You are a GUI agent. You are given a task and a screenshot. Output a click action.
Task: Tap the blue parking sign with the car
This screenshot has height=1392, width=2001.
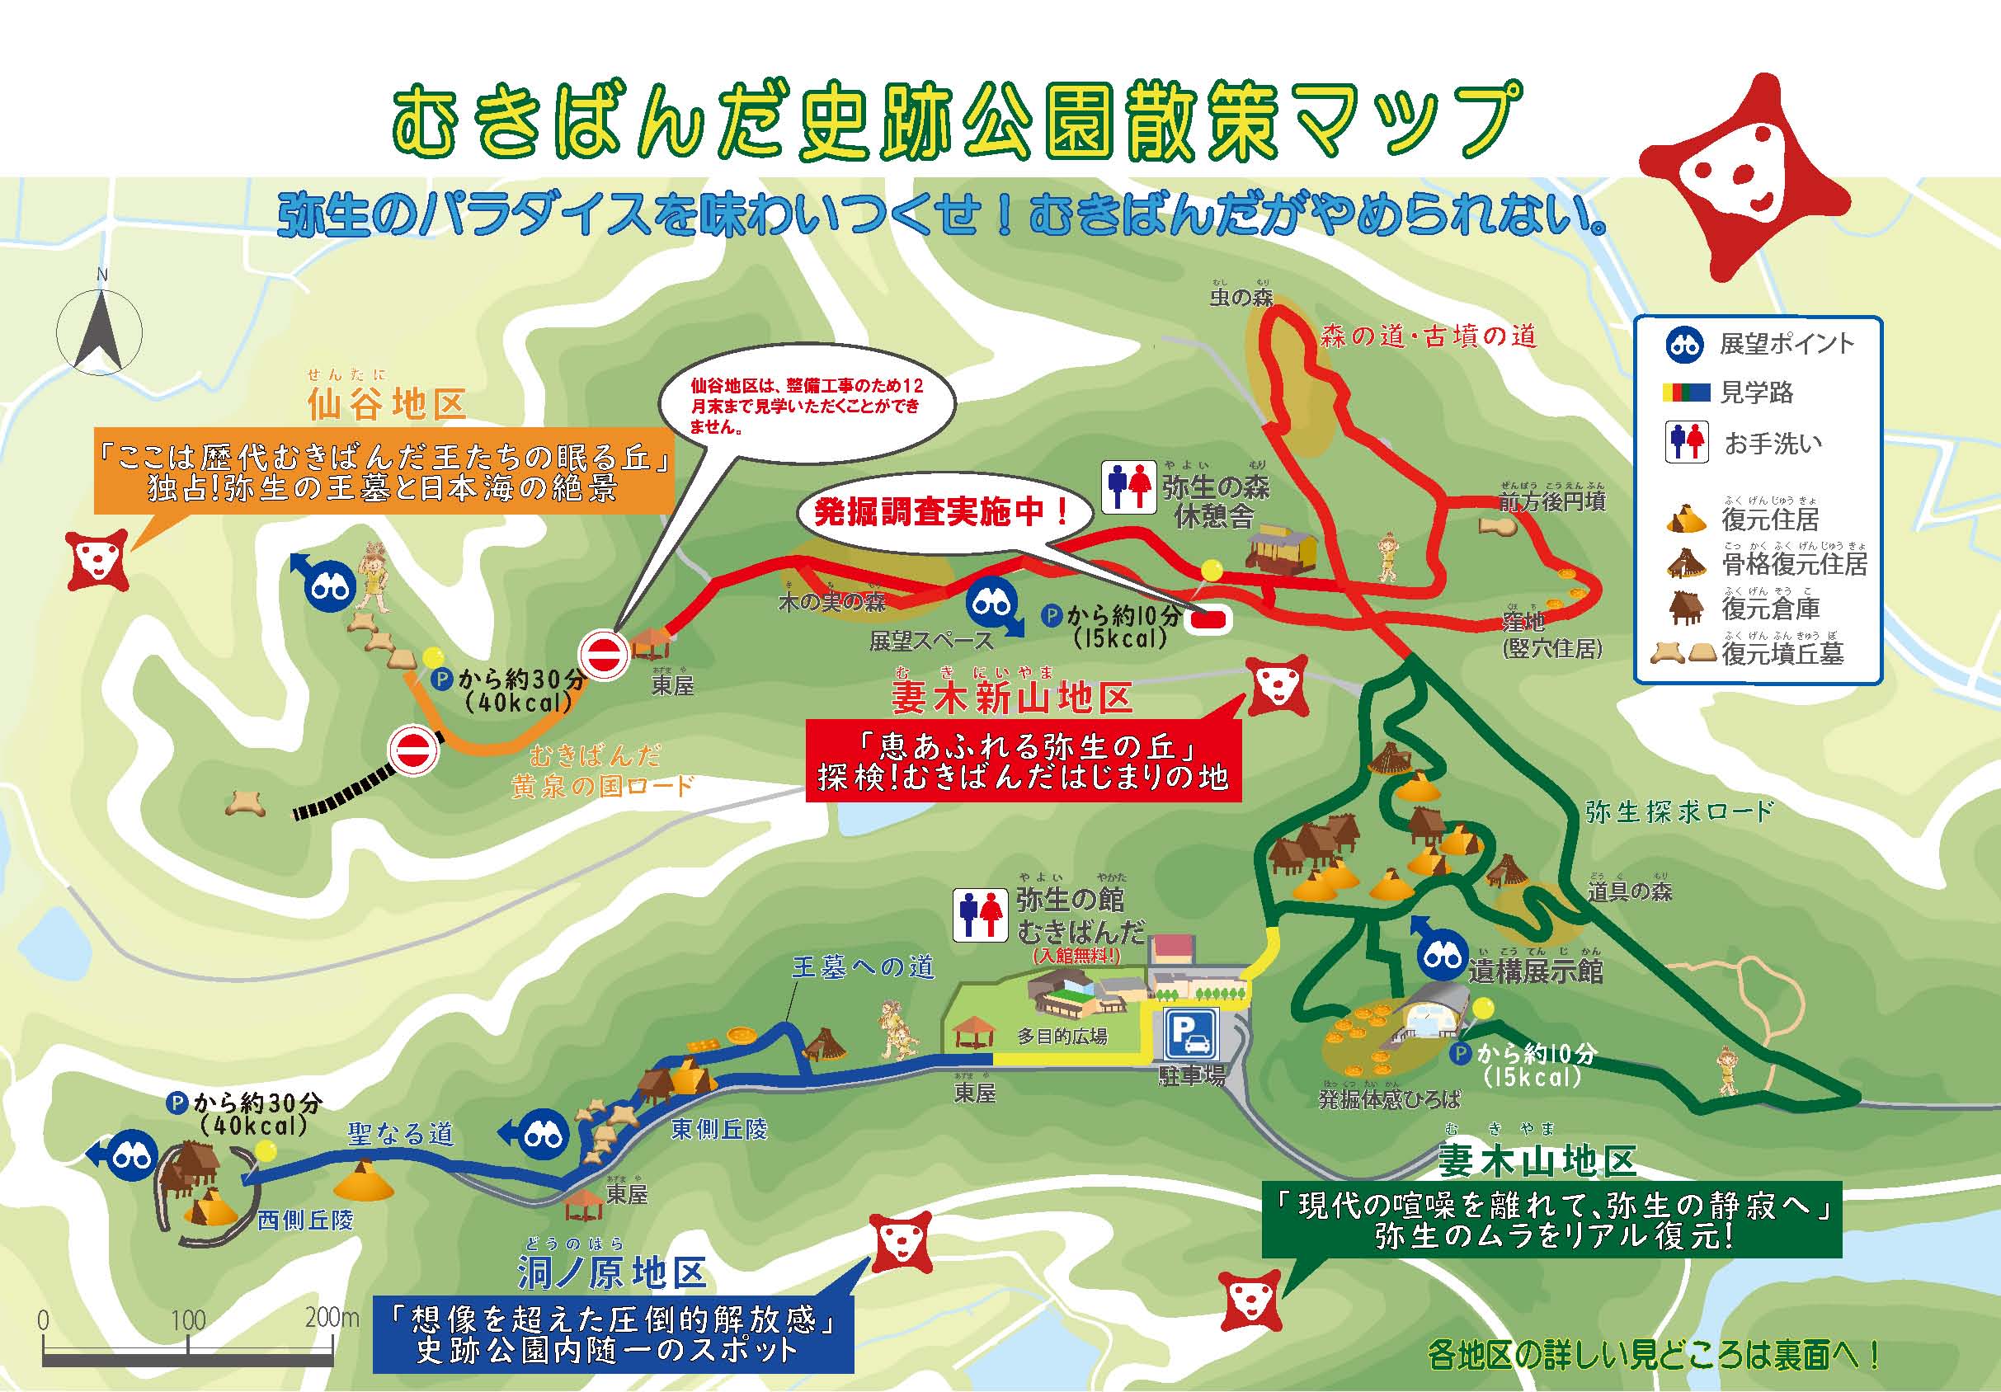click(x=1191, y=1033)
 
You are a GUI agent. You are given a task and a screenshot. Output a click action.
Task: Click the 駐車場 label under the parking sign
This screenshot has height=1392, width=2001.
click(x=1191, y=1077)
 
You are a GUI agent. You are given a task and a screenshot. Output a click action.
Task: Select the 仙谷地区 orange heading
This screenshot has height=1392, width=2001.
click(x=387, y=405)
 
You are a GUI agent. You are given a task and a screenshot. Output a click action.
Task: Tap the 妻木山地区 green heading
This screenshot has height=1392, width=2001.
click(x=1536, y=1161)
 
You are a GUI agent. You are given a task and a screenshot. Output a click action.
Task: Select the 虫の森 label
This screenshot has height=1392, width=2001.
click(x=1241, y=298)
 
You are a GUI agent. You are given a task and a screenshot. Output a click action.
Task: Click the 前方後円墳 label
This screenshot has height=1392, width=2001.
click(x=1552, y=501)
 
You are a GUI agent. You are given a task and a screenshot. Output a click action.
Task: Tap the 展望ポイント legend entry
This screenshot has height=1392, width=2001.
click(x=1786, y=344)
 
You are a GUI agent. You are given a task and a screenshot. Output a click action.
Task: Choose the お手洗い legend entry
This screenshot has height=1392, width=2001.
click(x=1773, y=444)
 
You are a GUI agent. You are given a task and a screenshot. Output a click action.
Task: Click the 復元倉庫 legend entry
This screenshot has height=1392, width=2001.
click(x=1770, y=608)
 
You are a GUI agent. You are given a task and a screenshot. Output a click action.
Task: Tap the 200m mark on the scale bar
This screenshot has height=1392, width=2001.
click(x=332, y=1317)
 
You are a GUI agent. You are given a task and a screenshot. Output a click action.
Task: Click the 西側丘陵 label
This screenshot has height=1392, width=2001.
click(x=306, y=1220)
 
